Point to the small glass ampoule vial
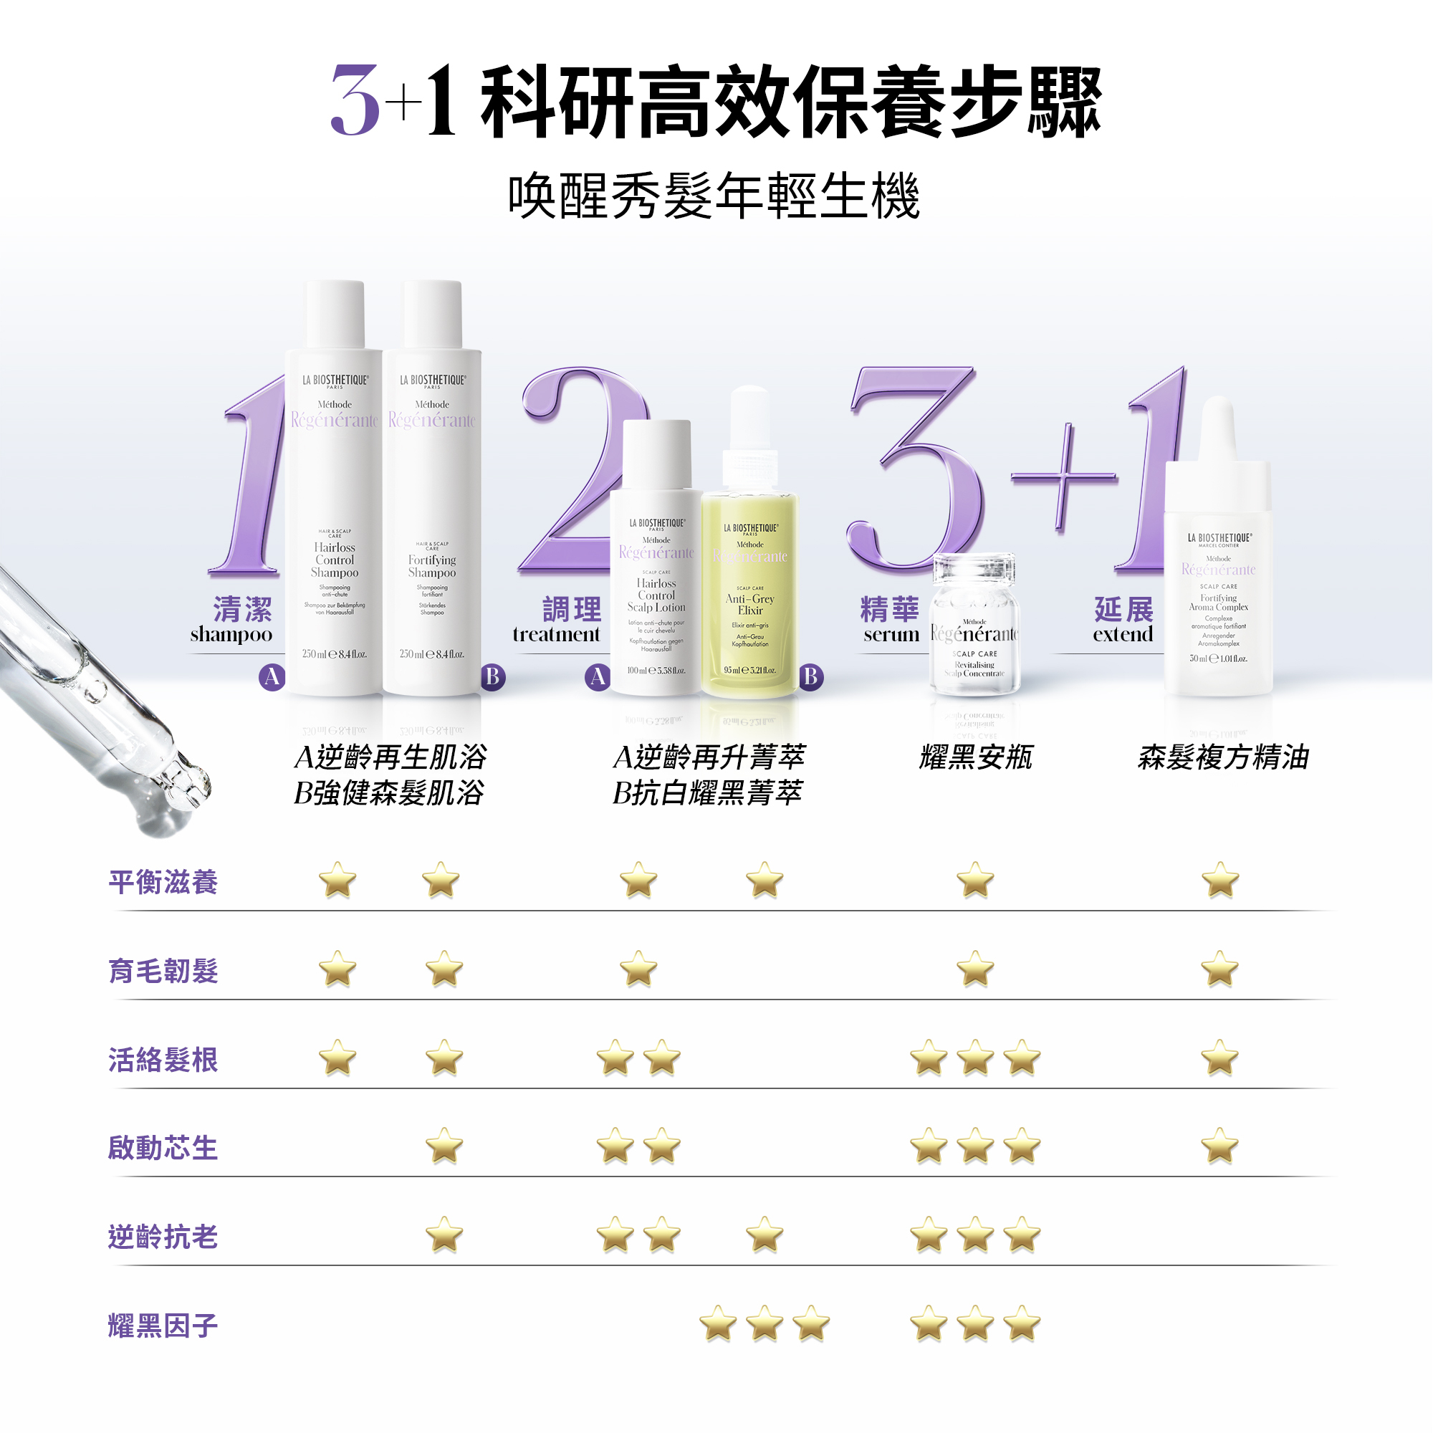[x=974, y=627]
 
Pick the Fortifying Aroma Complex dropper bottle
[x=1218, y=578]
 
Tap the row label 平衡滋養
[x=163, y=882]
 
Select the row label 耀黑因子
[x=163, y=1326]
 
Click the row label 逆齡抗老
[x=163, y=1237]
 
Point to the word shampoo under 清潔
[x=231, y=635]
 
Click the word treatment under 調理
[x=556, y=635]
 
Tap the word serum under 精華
[x=891, y=635]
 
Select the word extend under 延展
[x=1123, y=635]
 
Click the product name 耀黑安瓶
[x=975, y=757]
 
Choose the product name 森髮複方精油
[x=1223, y=757]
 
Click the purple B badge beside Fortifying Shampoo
[x=492, y=677]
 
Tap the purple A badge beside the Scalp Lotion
[x=598, y=677]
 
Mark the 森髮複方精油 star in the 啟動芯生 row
[x=1220, y=1146]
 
